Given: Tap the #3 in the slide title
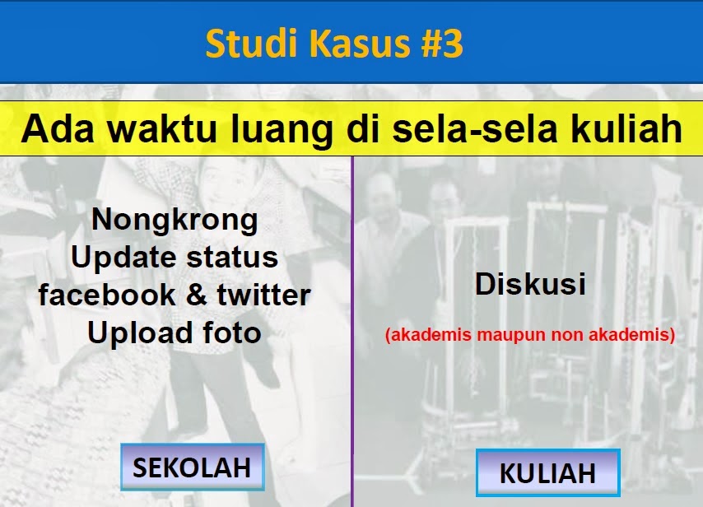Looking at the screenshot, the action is point(441,44).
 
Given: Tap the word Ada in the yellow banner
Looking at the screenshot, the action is point(58,128).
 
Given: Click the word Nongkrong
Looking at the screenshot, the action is point(175,221).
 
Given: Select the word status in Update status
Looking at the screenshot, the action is point(232,258).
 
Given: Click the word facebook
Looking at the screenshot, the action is point(107,295).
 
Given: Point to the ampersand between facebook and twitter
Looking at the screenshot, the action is point(197,295).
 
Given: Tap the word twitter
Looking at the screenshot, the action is point(263,295).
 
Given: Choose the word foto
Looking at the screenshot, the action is point(232,333).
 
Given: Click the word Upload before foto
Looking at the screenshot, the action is point(140,334).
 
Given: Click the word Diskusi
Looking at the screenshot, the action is point(530,284).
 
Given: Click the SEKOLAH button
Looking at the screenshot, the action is point(193,467).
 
